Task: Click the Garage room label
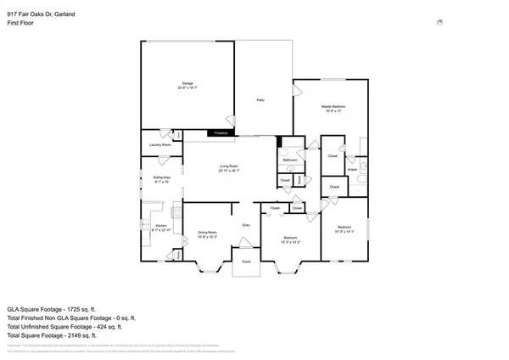click(x=187, y=85)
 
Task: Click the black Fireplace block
click(x=221, y=133)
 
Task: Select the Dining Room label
click(x=208, y=233)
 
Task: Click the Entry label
click(x=246, y=224)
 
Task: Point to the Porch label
click(x=246, y=262)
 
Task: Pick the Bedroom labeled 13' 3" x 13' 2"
click(x=289, y=239)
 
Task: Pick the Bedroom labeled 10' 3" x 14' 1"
click(x=344, y=228)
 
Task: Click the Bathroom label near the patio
click(x=289, y=159)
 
